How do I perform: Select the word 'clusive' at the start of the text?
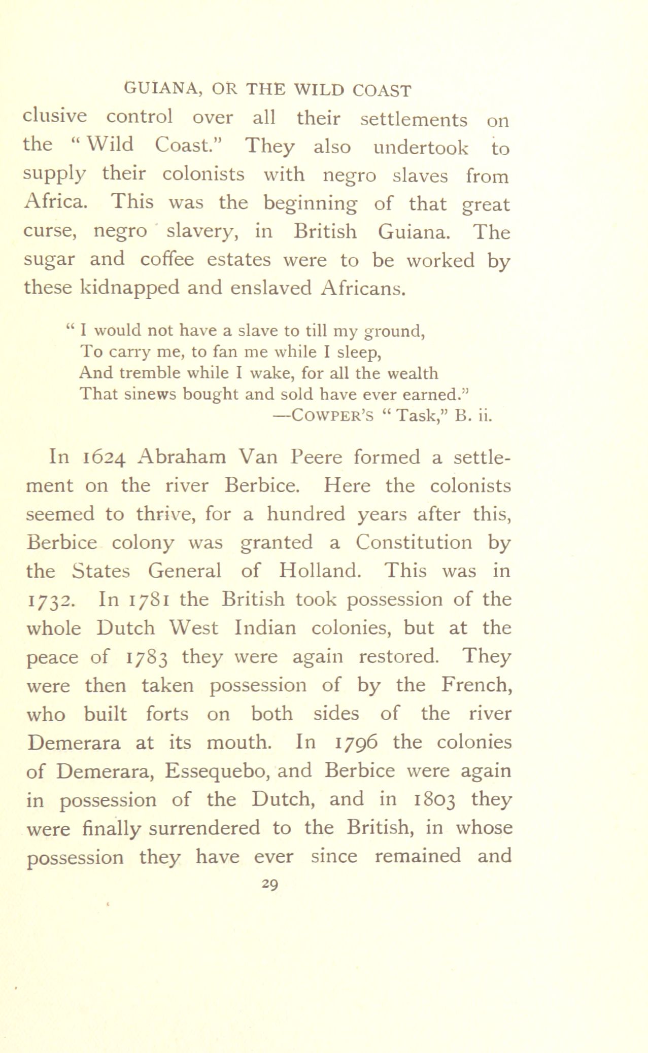coord(55,118)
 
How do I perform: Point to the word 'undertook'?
coord(421,147)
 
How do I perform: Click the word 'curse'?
coord(50,232)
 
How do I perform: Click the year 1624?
coord(104,458)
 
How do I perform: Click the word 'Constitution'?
coord(414,543)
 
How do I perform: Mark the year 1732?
coord(50,601)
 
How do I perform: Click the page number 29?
coord(269,885)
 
